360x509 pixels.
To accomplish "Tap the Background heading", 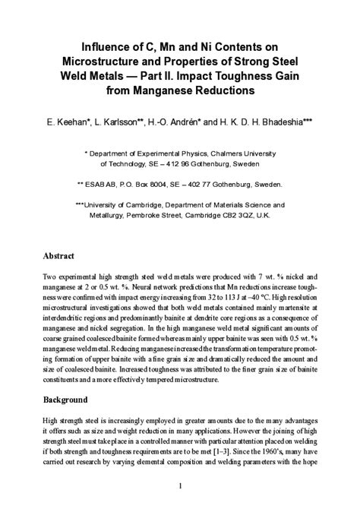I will coord(65,400).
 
